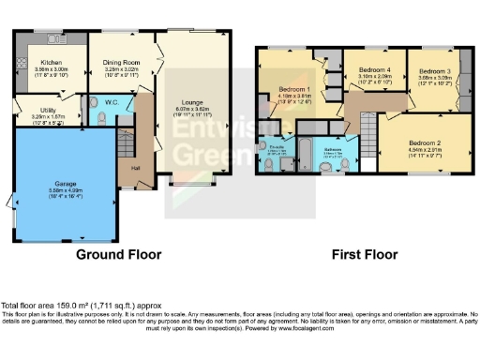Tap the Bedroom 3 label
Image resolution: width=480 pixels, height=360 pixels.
coord(433,71)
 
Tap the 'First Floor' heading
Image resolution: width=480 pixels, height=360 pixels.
coord(361,254)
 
